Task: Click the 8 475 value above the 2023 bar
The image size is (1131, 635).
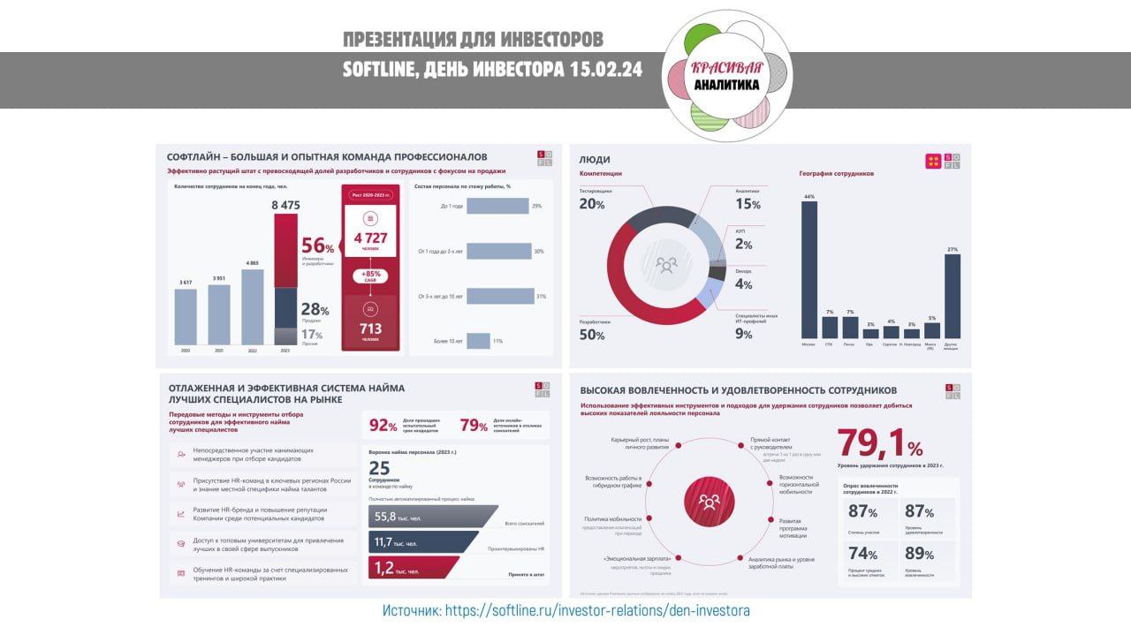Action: click(x=285, y=205)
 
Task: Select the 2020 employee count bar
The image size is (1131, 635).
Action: click(x=186, y=316)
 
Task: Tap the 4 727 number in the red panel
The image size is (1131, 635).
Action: click(x=371, y=238)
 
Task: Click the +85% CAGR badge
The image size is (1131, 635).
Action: click(x=371, y=276)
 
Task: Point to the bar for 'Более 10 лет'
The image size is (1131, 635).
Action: click(x=478, y=341)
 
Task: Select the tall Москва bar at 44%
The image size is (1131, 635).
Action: click(x=808, y=269)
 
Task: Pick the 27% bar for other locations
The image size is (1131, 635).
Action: click(x=952, y=296)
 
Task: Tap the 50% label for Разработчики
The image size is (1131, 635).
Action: click(x=591, y=336)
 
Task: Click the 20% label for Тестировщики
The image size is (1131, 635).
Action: click(x=591, y=204)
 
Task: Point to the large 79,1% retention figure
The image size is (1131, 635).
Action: click(x=879, y=442)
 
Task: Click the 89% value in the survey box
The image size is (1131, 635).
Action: click(x=918, y=555)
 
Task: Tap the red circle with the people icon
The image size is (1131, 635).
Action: click(x=709, y=502)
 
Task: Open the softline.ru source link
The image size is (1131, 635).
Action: click(x=597, y=610)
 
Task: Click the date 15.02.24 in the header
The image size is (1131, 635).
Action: click(x=604, y=69)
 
